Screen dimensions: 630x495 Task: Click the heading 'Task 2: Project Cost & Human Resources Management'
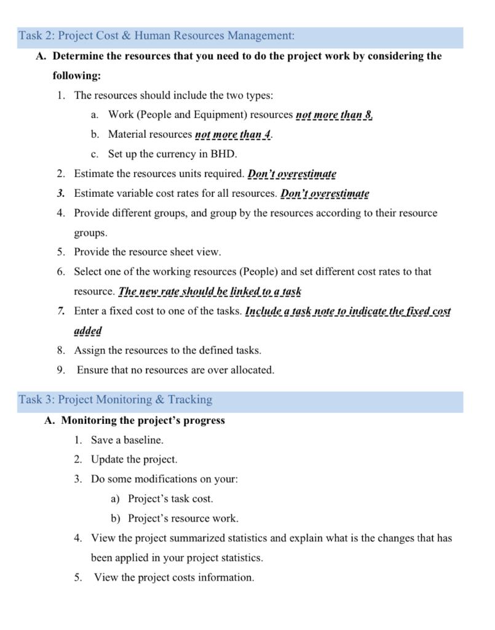click(x=156, y=36)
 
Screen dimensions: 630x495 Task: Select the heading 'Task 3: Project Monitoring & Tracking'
click(x=116, y=400)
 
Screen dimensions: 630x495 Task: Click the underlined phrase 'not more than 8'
click(x=334, y=115)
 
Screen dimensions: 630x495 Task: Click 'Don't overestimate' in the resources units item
click(x=291, y=174)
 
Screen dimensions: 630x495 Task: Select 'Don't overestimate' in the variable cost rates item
click(x=325, y=194)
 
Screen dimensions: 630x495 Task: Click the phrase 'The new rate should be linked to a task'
click(x=210, y=292)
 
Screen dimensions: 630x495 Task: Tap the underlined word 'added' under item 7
click(x=87, y=331)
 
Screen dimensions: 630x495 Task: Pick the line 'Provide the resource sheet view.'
click(x=148, y=252)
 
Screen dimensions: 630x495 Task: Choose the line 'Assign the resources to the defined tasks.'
click(x=167, y=351)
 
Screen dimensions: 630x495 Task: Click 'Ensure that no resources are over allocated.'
click(x=176, y=370)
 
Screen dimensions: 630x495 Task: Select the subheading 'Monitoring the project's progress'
click(x=143, y=421)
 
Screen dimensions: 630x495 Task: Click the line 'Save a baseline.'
click(x=127, y=441)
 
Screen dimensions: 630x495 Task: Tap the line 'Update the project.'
click(x=134, y=460)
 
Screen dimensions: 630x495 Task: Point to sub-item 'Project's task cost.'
click(x=170, y=499)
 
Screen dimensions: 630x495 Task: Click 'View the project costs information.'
click(x=174, y=578)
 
